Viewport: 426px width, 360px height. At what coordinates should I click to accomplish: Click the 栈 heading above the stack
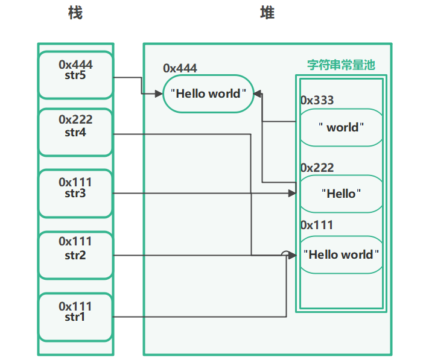coord(75,13)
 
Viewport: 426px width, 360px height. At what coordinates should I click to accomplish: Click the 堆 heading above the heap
coord(267,13)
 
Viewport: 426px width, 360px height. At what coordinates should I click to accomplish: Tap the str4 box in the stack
coord(75,132)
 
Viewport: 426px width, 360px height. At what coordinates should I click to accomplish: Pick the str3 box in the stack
coord(75,194)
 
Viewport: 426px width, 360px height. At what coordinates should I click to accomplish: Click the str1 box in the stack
coord(75,317)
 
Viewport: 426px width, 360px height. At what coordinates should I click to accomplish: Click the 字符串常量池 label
coord(341,65)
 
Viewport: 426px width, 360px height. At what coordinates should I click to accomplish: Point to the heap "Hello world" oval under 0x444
coord(209,93)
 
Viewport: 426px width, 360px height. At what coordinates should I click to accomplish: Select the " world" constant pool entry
coord(342,127)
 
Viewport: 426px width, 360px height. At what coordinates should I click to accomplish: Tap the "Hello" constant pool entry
coord(342,194)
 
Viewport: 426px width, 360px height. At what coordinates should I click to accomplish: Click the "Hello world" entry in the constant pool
coord(342,254)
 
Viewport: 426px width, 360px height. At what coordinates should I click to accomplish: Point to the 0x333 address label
coord(317,100)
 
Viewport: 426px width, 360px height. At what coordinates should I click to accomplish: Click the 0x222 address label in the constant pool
coord(317,168)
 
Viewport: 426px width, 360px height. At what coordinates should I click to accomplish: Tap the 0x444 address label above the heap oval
coord(180,69)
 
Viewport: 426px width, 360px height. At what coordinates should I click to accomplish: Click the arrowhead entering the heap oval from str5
coord(160,93)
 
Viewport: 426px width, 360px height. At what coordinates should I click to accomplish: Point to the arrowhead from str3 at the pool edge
coord(293,194)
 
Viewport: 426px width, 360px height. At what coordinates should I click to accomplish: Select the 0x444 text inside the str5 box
coord(75,64)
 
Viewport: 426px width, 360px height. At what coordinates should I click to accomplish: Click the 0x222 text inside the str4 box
coord(75,120)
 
